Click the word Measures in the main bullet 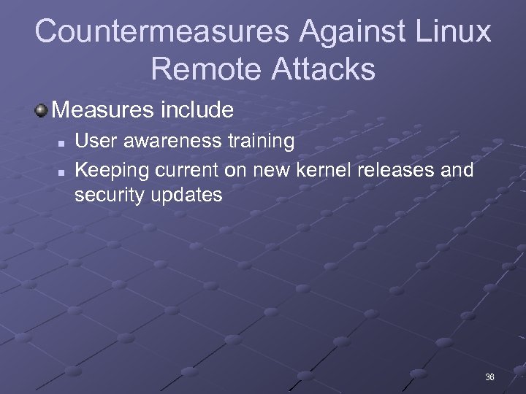point(101,110)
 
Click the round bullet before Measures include point(42,110)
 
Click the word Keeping point(110,171)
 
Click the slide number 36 point(489,377)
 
